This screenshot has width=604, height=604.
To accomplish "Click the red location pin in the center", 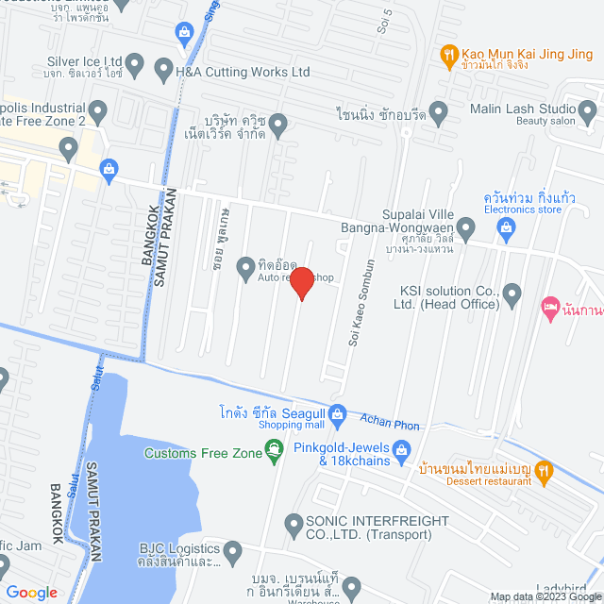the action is pyautogui.click(x=301, y=282).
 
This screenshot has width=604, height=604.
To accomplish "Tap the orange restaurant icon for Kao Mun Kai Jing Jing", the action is pyautogui.click(x=449, y=56).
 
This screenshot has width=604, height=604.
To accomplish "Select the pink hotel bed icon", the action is pyautogui.click(x=550, y=307).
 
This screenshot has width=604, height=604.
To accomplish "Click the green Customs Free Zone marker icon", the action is pyautogui.click(x=275, y=454).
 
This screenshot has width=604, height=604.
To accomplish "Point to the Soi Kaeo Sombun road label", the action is pyautogui.click(x=369, y=303).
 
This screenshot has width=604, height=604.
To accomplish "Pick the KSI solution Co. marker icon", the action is pyautogui.click(x=512, y=295).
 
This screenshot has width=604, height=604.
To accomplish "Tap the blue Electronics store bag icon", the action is pyautogui.click(x=506, y=226).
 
